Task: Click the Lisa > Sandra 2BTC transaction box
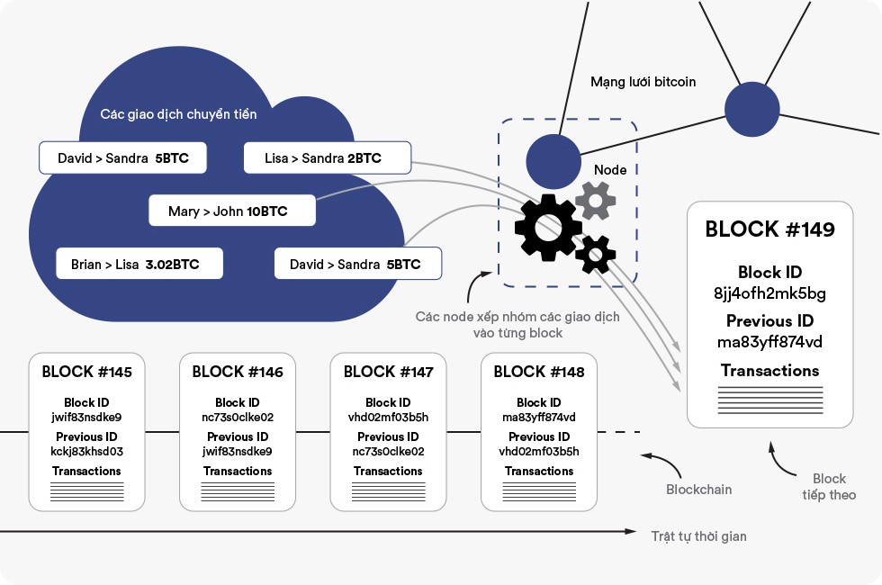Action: [x=328, y=158]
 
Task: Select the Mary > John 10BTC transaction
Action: [x=232, y=211]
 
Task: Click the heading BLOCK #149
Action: [x=769, y=229]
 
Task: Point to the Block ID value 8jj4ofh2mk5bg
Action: [x=769, y=293]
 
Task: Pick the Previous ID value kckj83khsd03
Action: [x=86, y=452]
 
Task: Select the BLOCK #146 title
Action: [x=238, y=372]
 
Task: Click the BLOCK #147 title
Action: [x=388, y=372]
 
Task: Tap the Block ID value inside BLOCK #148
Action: [x=539, y=418]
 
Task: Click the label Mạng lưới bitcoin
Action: [x=643, y=82]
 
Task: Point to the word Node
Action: [x=610, y=170]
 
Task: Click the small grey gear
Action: [x=595, y=200]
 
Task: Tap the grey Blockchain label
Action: [x=698, y=490]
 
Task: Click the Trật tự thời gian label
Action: [x=698, y=536]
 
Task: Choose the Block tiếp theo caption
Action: [x=829, y=487]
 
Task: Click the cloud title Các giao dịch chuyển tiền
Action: [x=178, y=114]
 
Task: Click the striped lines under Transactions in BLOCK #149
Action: [x=769, y=400]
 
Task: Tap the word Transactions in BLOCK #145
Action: [x=86, y=471]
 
